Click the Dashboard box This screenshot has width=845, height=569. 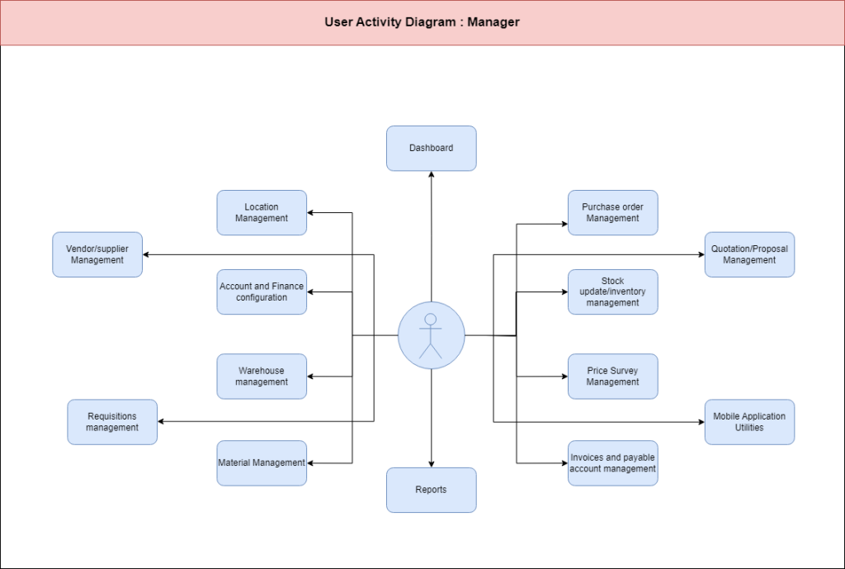(431, 149)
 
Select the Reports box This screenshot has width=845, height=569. (431, 490)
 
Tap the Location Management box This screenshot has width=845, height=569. (262, 212)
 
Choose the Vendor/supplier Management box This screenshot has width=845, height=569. (97, 254)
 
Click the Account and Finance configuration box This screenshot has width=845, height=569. (262, 292)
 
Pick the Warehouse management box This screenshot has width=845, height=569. (262, 377)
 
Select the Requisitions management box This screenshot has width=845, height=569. (112, 422)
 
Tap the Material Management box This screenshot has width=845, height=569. (262, 462)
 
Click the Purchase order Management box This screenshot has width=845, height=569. (613, 212)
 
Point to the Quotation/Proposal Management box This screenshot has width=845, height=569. (749, 254)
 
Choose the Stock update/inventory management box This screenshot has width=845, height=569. (613, 292)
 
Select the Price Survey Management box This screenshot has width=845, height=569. (613, 377)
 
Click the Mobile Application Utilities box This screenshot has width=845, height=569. (749, 422)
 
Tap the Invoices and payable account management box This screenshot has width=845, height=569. (613, 462)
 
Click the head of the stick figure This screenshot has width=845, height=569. (431, 320)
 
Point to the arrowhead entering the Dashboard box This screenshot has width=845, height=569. (431, 174)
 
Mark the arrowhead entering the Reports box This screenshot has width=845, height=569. (431, 464)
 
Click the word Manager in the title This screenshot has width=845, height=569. (493, 22)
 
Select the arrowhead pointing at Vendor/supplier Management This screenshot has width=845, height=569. (146, 254)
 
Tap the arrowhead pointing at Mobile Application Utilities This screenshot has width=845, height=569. (701, 422)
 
